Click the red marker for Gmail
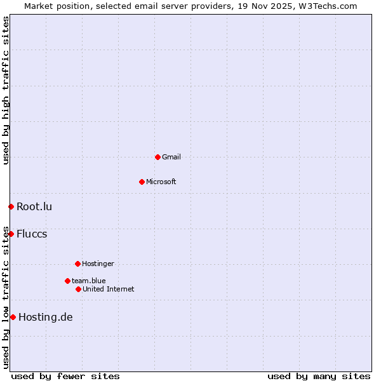[x=157, y=157]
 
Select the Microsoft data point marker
[x=142, y=182]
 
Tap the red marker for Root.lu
[x=11, y=206]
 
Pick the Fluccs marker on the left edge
[x=11, y=234]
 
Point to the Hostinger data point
[x=77, y=264]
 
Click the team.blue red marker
[x=67, y=281]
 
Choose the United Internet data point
[x=78, y=289]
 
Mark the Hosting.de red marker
[x=13, y=317]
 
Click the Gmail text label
[x=171, y=157]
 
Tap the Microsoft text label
[x=161, y=182]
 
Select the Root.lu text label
[x=34, y=206]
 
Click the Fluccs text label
[x=32, y=234]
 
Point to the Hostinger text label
[x=98, y=264]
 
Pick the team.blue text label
[x=89, y=281]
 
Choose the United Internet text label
[x=109, y=289]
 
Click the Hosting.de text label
[x=46, y=317]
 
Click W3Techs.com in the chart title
[x=328, y=6]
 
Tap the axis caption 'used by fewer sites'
[x=65, y=376]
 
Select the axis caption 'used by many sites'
[x=319, y=376]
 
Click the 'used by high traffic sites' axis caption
[x=6, y=90]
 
